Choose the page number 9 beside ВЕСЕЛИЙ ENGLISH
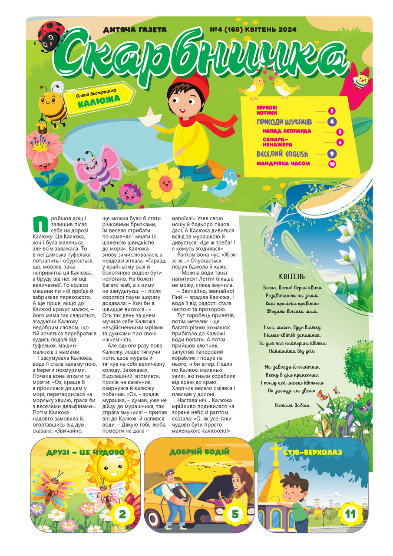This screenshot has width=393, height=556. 332,154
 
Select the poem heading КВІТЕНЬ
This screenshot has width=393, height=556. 292,277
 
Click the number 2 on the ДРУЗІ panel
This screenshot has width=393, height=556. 122,515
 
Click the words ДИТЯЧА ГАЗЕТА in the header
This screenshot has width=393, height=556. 135,30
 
